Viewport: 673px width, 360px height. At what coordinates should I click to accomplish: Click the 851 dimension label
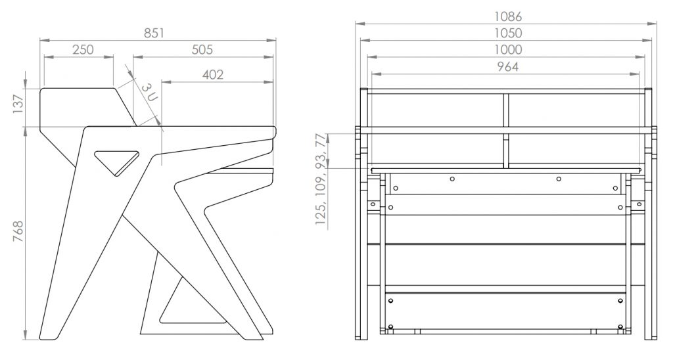154,33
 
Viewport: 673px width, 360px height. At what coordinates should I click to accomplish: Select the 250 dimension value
83,50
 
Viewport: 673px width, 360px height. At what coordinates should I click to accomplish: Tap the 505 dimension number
202,50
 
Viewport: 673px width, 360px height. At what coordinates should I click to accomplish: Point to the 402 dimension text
213,75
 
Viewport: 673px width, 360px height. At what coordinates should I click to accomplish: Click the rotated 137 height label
18,104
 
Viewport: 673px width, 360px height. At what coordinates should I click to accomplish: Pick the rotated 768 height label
18,231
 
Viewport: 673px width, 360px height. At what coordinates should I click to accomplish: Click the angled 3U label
150,91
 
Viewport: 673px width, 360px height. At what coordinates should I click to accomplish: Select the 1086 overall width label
508,16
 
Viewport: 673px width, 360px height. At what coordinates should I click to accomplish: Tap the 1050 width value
508,33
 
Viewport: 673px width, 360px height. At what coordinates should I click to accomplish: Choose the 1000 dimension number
508,50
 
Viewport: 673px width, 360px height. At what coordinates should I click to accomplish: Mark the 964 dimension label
508,66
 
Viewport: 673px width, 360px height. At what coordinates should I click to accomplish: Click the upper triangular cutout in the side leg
117,162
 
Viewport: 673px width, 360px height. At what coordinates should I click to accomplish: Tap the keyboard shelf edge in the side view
241,170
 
